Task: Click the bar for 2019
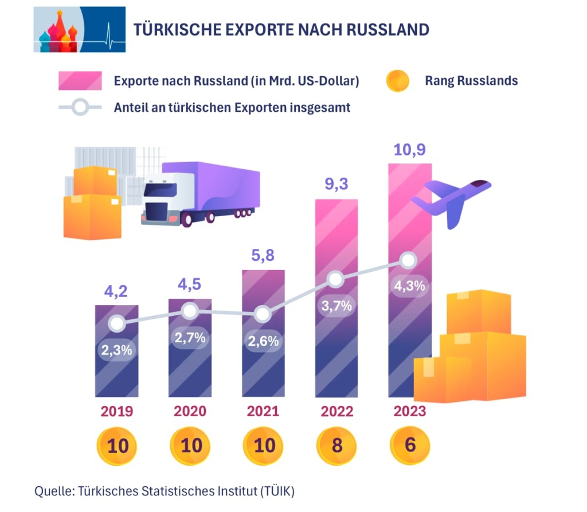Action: point(116,367)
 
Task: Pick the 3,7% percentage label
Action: point(336,306)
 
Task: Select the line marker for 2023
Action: point(408,261)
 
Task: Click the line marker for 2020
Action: point(190,311)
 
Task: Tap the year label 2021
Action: point(263,412)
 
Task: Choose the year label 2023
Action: point(410,412)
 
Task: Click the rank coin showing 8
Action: point(336,445)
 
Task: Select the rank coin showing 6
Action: point(410,445)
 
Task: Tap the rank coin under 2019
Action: point(117,445)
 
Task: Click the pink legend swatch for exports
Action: point(80,81)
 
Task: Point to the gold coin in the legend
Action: point(397,81)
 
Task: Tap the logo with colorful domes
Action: point(79,30)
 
